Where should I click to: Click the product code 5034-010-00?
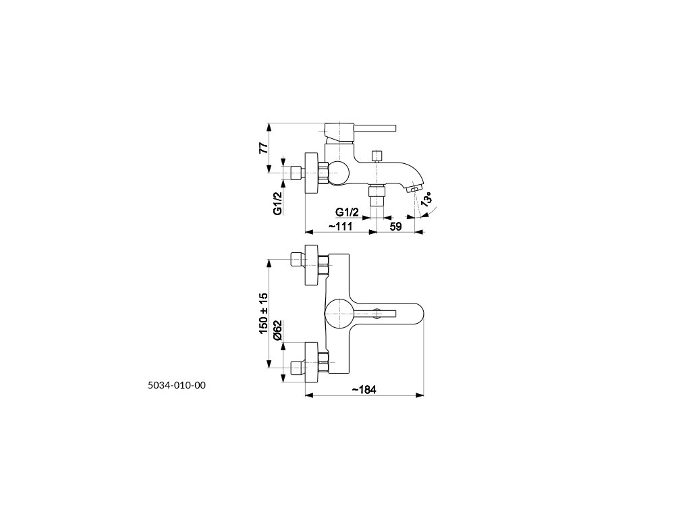(177, 385)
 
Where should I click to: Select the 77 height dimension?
(263, 148)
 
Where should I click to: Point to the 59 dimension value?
(395, 227)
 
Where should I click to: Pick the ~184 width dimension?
(364, 390)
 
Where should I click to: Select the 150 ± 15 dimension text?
(263, 313)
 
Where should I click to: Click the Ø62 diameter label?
(277, 330)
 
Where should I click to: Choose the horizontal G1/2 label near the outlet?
(347, 212)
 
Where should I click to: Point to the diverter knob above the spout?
(377, 156)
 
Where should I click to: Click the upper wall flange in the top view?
(312, 265)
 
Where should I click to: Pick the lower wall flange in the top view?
(312, 362)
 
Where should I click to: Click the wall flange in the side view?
(312, 173)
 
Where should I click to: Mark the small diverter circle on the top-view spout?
(377, 313)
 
